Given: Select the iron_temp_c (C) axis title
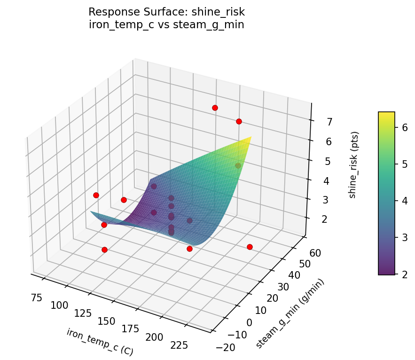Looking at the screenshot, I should click(100, 342).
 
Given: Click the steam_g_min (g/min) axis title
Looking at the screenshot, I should click(290, 313).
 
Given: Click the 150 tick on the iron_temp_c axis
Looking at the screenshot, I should click(106, 321).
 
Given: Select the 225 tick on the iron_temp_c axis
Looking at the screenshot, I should click(179, 345).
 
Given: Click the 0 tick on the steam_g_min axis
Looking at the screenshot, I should click(249, 322).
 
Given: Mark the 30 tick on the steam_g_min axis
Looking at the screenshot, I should click(283, 287).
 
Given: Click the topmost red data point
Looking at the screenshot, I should click(215, 108).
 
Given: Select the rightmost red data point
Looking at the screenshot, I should click(250, 247).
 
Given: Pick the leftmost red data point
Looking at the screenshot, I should click(96, 195).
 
